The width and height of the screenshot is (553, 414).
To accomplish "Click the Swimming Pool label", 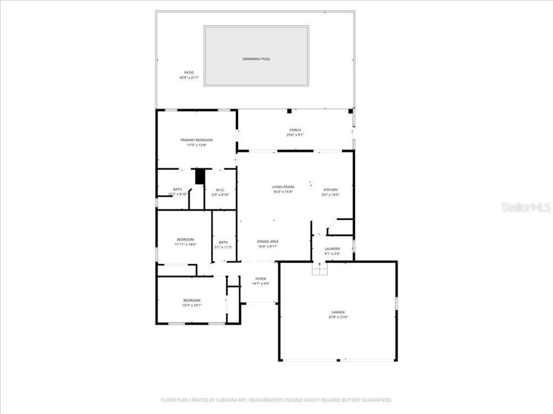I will (256, 59).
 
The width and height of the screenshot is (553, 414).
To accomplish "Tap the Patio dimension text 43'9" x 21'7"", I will (189, 78).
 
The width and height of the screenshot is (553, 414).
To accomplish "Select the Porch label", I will (295, 130).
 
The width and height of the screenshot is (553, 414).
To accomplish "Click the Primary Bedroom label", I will (197, 140).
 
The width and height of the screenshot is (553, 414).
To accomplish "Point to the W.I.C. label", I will (220, 190).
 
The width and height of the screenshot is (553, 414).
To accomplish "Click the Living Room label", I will (282, 187).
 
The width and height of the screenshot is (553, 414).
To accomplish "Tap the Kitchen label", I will (331, 190).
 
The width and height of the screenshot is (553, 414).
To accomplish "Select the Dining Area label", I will (268, 241).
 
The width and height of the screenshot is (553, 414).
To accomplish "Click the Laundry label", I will (332, 249).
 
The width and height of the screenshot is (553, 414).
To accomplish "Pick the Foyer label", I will (260, 279).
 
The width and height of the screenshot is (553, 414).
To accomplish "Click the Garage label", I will (338, 312).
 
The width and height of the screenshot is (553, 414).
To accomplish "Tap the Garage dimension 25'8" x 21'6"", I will (338, 317).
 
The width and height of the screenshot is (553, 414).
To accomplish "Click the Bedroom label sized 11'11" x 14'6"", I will (185, 239).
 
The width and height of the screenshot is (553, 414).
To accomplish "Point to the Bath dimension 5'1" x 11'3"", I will (224, 247).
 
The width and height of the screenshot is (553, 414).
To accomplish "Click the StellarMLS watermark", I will (525, 207).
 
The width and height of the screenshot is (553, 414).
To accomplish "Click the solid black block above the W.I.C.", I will (200, 176).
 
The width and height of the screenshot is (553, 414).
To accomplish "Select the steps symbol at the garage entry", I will (320, 269).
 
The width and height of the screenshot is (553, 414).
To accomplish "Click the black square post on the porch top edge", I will (289, 111).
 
